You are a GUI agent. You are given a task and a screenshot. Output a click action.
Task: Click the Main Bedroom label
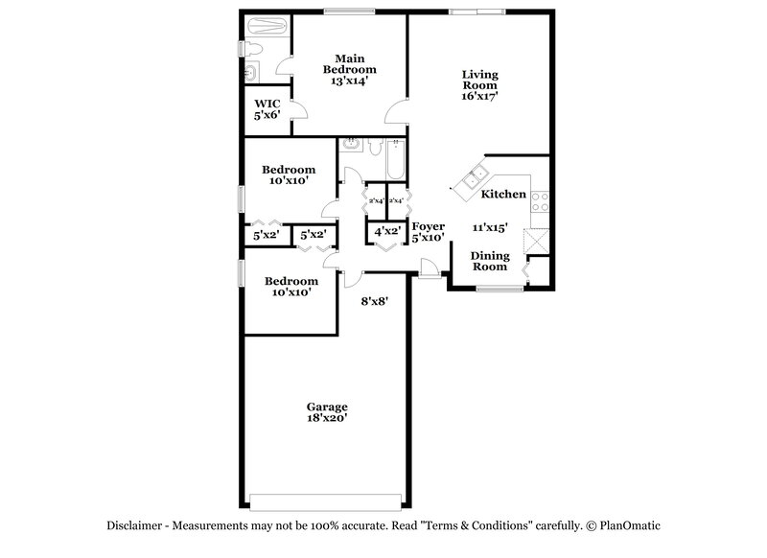pyautogui.click(x=349, y=63)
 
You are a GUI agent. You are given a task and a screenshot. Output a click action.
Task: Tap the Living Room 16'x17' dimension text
pyautogui.click(x=480, y=96)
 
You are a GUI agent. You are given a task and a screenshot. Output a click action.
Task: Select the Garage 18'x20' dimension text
pyautogui.click(x=326, y=418)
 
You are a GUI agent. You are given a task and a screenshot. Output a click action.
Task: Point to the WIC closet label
pyautogui.click(x=266, y=104)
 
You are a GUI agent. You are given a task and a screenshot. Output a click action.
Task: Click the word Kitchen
pyautogui.click(x=503, y=194)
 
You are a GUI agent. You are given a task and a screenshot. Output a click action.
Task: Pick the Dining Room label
pyautogui.click(x=488, y=261)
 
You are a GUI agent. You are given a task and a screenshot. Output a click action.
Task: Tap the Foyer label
pyautogui.click(x=428, y=225)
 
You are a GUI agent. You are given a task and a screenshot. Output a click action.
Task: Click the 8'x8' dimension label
pyautogui.click(x=374, y=301)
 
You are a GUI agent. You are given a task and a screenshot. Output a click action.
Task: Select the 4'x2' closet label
pyautogui.click(x=386, y=232)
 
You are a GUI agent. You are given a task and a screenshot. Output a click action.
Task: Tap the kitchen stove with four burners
pyautogui.click(x=540, y=202)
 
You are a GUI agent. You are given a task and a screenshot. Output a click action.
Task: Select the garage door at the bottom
pyautogui.click(x=326, y=497)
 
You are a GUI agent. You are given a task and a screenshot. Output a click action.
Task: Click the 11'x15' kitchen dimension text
pyautogui.click(x=490, y=227)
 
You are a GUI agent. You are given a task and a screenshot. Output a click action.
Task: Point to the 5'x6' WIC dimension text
pyautogui.click(x=266, y=115)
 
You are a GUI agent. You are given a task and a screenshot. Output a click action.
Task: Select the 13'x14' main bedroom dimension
pyautogui.click(x=349, y=81)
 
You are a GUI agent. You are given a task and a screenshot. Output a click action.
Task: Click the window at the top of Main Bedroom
pyautogui.click(x=349, y=12)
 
